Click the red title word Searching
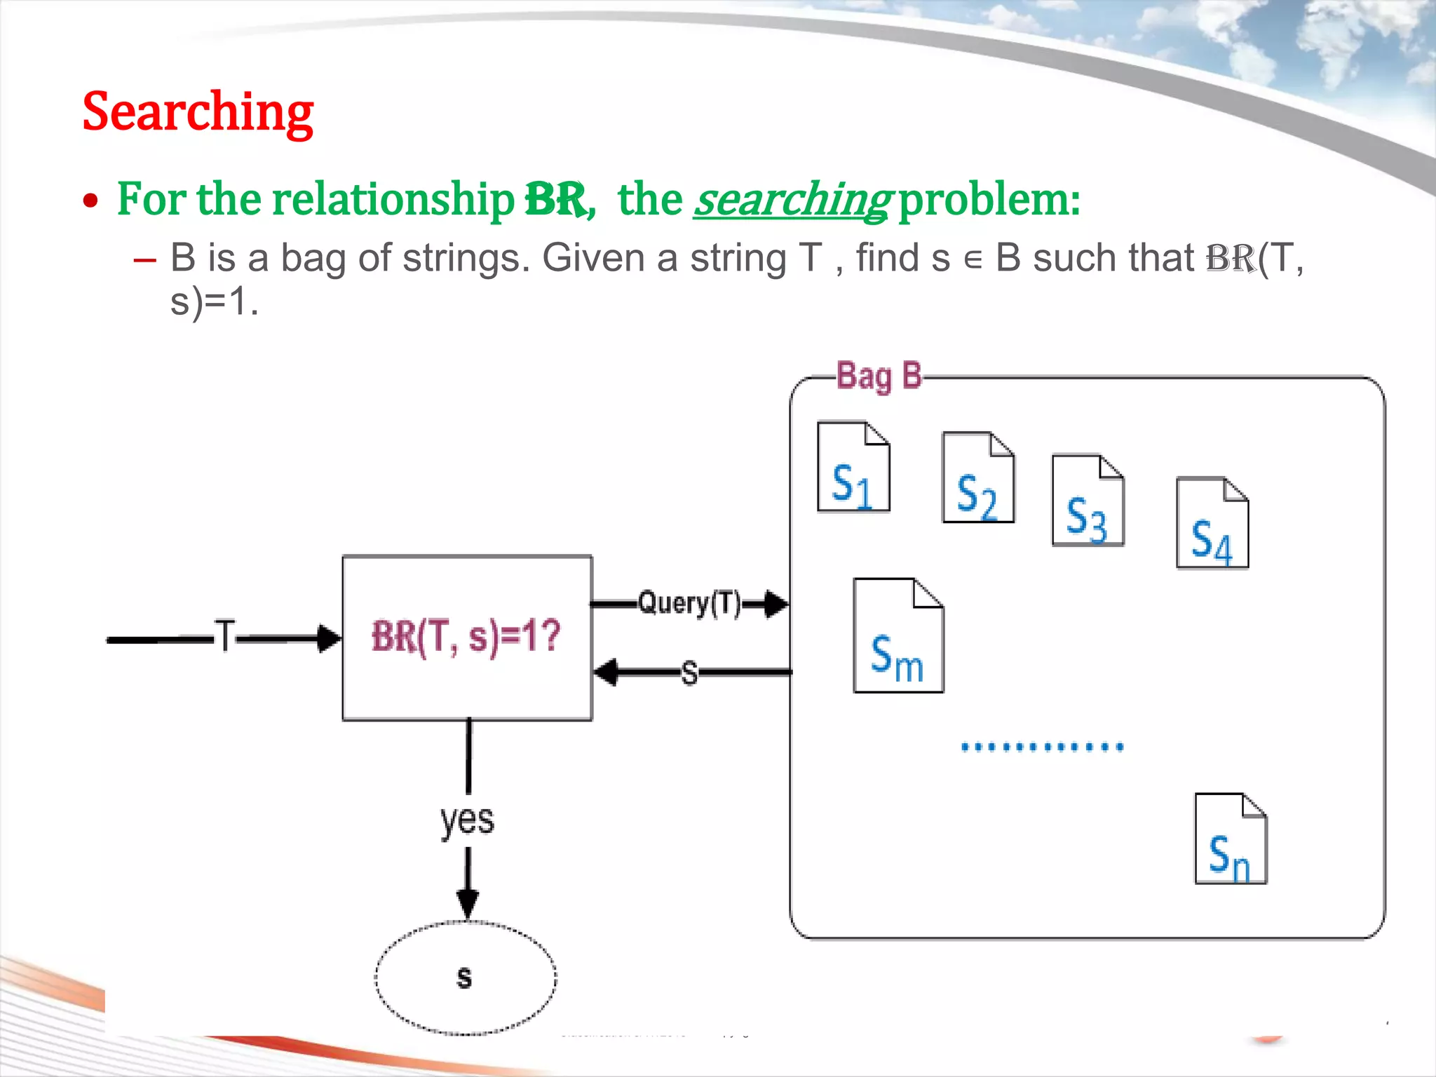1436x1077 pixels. point(198,112)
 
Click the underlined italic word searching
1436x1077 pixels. point(792,200)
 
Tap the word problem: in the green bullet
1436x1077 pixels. point(989,200)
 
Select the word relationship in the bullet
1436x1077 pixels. point(393,200)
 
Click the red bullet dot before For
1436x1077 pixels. point(90,202)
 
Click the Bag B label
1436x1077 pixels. point(879,377)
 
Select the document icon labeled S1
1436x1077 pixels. point(853,467)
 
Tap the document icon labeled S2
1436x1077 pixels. point(977,477)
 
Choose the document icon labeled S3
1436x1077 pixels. point(1088,500)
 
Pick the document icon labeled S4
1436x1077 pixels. point(1212,523)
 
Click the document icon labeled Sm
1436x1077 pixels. point(897,636)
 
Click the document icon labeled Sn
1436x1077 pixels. point(1230,839)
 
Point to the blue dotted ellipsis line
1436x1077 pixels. point(1042,747)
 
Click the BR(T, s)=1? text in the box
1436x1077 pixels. point(466,637)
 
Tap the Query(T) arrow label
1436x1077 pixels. point(689,603)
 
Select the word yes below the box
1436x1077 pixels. point(467,819)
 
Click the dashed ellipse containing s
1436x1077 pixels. point(466,977)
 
